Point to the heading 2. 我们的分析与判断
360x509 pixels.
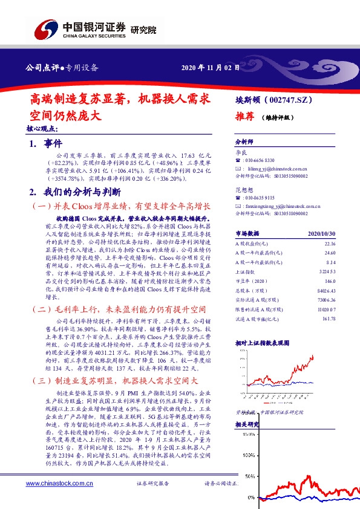74,192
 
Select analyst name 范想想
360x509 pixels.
244,190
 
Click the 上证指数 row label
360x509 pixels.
246,273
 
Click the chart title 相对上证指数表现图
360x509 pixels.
264,342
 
